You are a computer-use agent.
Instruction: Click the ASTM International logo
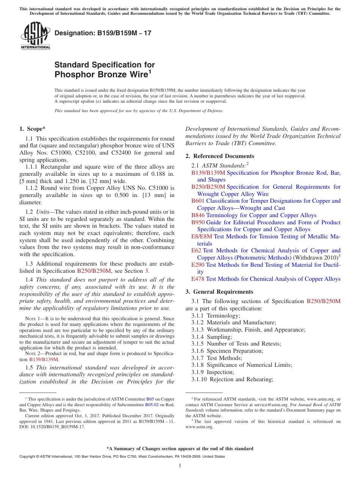coord(35,36)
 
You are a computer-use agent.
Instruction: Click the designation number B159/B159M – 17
coord(103,33)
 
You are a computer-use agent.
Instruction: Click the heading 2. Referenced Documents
coord(220,156)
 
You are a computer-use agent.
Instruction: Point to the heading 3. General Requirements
coord(219,292)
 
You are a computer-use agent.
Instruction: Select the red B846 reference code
coord(198,215)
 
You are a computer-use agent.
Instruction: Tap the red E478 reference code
coord(198,279)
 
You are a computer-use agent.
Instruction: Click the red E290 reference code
coord(198,265)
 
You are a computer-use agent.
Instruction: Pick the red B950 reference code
coord(198,222)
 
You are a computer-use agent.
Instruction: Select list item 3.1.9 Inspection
coord(213,372)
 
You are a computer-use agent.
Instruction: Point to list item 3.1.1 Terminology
coord(216,316)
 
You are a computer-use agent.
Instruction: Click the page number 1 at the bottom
coord(180,466)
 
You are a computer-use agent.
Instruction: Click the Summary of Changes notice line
coord(180,449)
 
